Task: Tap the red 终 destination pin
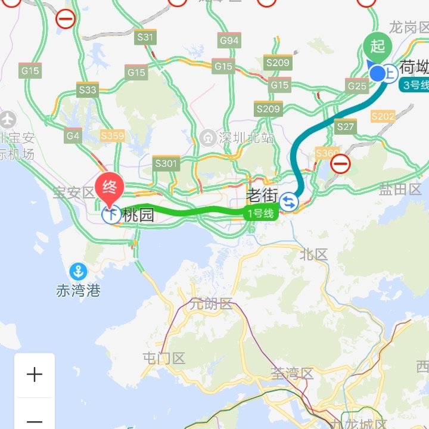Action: pyautogui.click(x=110, y=186)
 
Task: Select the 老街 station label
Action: pyautogui.click(x=263, y=195)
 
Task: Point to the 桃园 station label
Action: pyautogui.click(x=138, y=215)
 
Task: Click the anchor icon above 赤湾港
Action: pyautogui.click(x=77, y=272)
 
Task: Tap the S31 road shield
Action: pyautogui.click(x=145, y=38)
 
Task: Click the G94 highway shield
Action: pyautogui.click(x=229, y=41)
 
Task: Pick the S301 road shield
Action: pyautogui.click(x=166, y=163)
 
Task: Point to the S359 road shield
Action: pyautogui.click(x=112, y=136)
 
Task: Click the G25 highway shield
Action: pyautogui.click(x=357, y=86)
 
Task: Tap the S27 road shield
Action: pyautogui.click(x=346, y=126)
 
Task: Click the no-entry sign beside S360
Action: pyautogui.click(x=341, y=164)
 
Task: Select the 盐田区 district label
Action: pyautogui.click(x=400, y=189)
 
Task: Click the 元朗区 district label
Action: pyautogui.click(x=210, y=304)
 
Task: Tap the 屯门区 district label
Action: pyautogui.click(x=164, y=359)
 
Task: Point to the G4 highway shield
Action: pyautogui.click(x=73, y=136)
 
